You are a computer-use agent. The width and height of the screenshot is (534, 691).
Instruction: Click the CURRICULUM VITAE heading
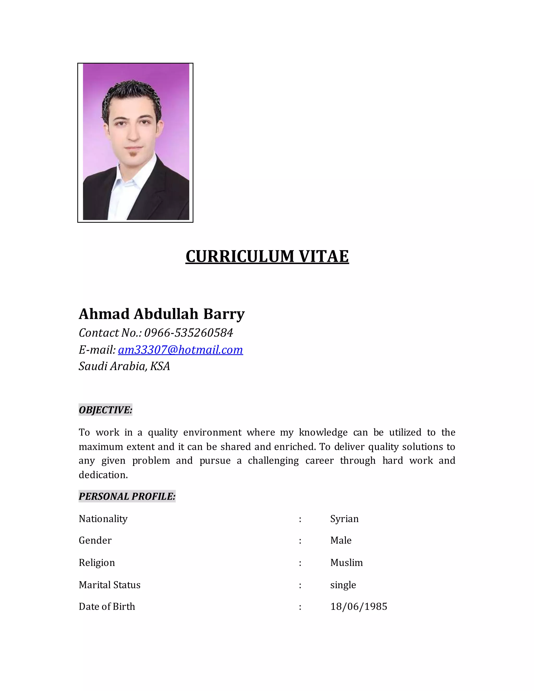pyautogui.click(x=267, y=256)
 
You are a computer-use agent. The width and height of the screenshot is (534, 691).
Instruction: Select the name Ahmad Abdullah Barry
pyautogui.click(x=162, y=314)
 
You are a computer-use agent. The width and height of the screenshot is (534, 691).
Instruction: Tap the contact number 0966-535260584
pyautogui.click(x=189, y=333)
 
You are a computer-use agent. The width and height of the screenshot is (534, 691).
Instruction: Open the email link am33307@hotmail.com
pyautogui.click(x=180, y=350)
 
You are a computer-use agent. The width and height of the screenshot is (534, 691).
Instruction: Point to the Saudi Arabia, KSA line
pyautogui.click(x=124, y=366)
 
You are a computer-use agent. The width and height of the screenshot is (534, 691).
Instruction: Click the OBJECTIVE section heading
pyautogui.click(x=105, y=410)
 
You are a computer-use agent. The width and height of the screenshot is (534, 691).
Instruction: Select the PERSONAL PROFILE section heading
pyautogui.click(x=127, y=496)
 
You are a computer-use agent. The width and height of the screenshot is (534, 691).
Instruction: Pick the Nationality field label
pyautogui.click(x=103, y=519)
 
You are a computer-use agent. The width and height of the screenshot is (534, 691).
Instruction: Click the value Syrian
pyautogui.click(x=344, y=519)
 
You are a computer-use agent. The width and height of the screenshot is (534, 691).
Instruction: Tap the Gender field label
pyautogui.click(x=95, y=540)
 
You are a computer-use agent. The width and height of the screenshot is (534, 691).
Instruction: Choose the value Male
pyautogui.click(x=341, y=540)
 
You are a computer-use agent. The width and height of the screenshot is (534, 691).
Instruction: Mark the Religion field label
pyautogui.click(x=97, y=562)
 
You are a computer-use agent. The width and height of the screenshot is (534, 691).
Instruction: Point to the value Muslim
pyautogui.click(x=347, y=562)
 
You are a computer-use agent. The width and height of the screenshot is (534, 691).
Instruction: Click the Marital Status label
pyautogui.click(x=110, y=585)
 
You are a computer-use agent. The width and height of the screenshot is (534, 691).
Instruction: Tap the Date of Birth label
pyautogui.click(x=107, y=607)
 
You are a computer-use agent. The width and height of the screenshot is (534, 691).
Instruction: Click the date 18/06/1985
pyautogui.click(x=359, y=607)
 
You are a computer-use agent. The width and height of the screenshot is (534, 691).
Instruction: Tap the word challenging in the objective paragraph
pyautogui.click(x=273, y=461)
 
